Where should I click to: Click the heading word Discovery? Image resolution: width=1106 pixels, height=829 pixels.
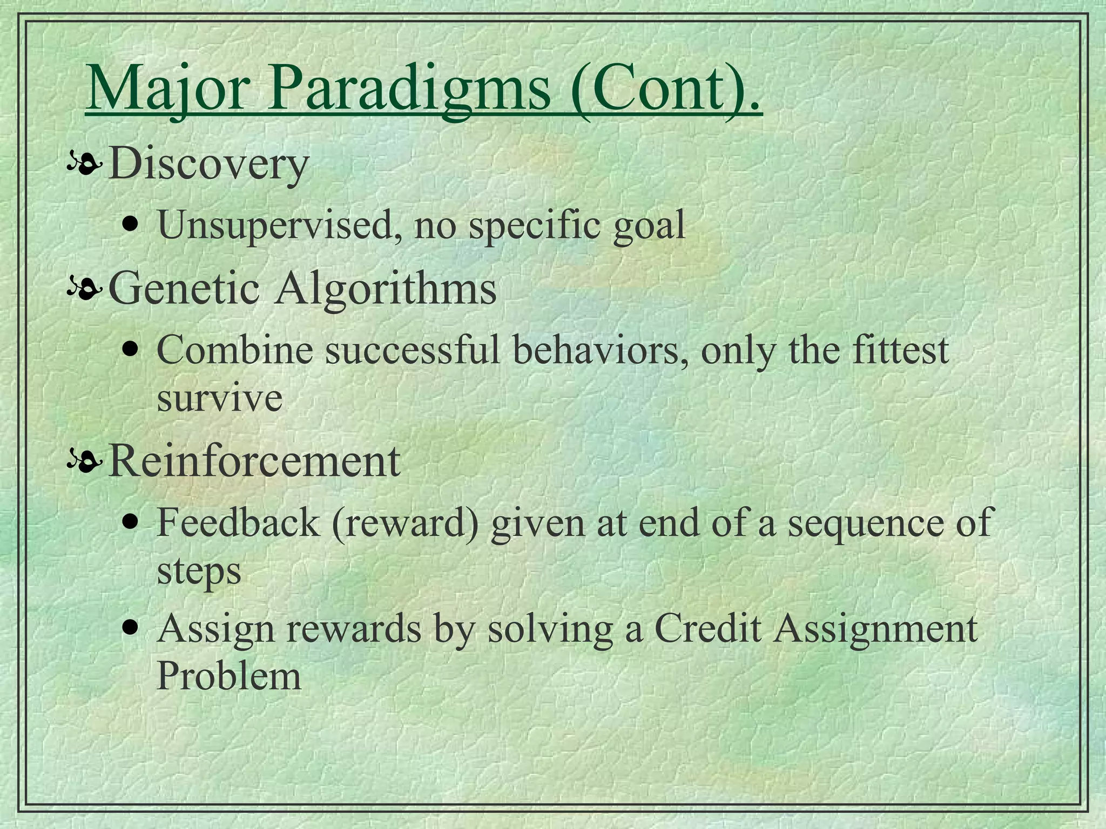point(208,164)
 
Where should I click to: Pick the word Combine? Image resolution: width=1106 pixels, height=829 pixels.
point(234,350)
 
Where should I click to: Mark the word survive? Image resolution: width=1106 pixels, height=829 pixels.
point(219,399)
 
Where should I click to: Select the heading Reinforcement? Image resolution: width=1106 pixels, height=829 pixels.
point(254,461)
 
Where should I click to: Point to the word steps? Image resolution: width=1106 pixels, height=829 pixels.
point(198,572)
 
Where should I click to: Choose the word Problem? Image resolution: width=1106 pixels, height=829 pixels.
point(228,676)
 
